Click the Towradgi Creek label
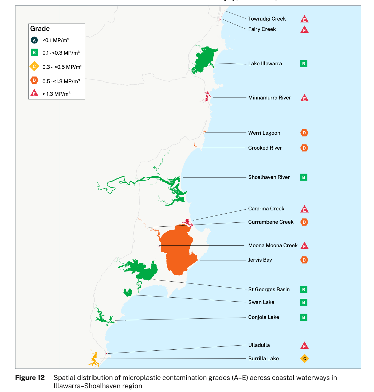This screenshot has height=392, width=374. coord(267,19)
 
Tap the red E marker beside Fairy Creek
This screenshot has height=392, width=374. coord(304,30)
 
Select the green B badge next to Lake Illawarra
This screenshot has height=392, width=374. coord(304,64)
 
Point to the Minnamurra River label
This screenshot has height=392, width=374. coord(269,98)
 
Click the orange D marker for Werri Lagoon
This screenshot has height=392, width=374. coord(304,133)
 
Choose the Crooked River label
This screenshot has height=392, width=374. coord(265,148)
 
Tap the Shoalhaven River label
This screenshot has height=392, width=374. coord(269,177)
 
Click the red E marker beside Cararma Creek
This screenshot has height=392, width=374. coord(304,209)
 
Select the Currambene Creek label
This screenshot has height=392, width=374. coord(271,222)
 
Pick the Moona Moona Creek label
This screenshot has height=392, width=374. coord(273,245)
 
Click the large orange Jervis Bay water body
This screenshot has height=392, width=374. coord(177,251)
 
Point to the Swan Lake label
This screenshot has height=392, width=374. coord(261,302)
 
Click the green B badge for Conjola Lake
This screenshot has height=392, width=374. coord(304,317)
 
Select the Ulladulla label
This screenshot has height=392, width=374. coord(259,345)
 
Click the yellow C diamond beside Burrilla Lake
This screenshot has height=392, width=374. coord(304,358)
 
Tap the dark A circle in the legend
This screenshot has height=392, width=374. coord(34,40)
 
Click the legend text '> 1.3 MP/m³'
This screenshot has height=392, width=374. coord(56,94)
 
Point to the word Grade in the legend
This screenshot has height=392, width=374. coord(40,29)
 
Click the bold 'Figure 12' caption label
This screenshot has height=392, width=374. coord(30,378)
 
